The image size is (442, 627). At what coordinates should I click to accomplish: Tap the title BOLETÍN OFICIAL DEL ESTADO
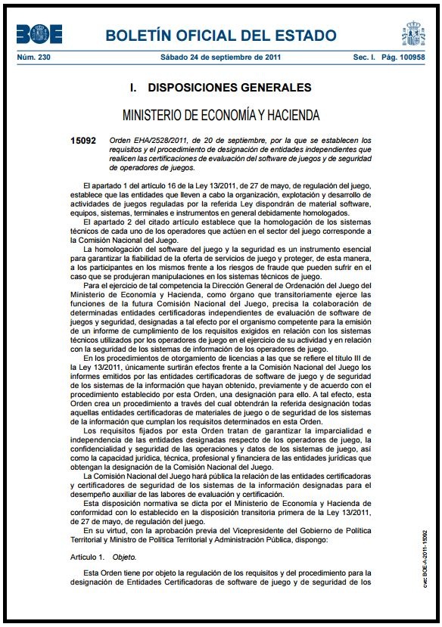click(x=220, y=36)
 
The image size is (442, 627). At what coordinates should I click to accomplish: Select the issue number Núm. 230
click(x=33, y=58)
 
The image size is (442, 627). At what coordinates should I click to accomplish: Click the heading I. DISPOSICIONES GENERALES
click(x=220, y=88)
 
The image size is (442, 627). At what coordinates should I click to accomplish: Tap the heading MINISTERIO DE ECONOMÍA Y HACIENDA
click(x=220, y=115)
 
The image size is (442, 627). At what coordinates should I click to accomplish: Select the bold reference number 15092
click(x=82, y=141)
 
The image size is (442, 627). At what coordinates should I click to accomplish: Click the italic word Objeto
click(x=123, y=557)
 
